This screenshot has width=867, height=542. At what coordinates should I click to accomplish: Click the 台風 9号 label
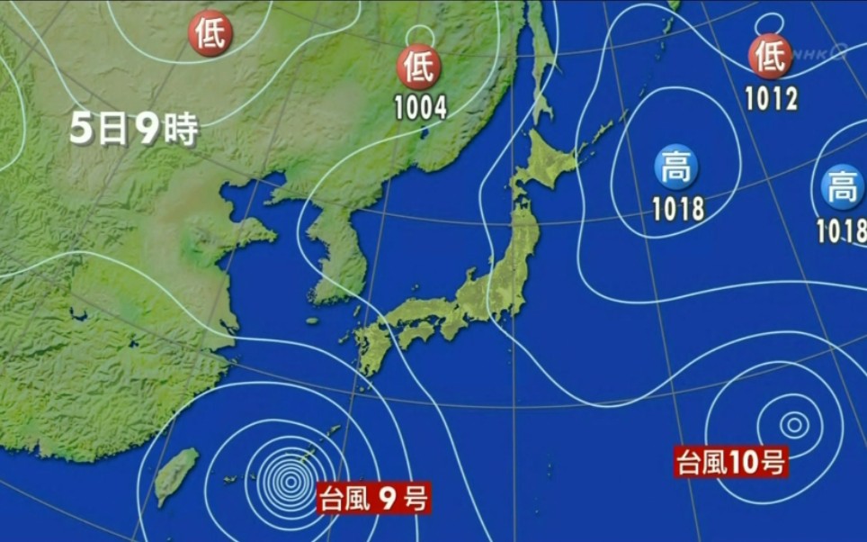coord(373,498)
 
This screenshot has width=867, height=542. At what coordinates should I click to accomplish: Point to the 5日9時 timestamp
coord(133,131)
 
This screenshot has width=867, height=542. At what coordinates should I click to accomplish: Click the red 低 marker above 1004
coord(419,68)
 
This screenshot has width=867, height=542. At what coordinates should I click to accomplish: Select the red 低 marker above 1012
coord(770,56)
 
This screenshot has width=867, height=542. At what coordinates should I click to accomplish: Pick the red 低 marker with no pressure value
coord(210,34)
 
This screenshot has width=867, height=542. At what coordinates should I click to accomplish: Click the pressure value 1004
coord(420,108)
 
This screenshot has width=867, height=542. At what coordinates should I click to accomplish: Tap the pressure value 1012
coord(771,97)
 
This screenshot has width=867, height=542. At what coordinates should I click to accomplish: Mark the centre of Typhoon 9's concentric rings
coord(290,483)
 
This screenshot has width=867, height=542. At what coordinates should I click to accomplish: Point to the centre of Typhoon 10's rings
coord(793,423)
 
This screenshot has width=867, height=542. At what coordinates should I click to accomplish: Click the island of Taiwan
coord(177,474)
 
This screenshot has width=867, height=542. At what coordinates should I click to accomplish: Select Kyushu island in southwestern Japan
coord(370,346)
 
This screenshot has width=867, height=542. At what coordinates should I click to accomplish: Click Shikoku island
coord(416,334)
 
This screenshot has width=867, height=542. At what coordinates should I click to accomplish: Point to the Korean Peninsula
coord(337,252)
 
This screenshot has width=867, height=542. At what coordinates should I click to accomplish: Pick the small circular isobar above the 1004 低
coord(417,35)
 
